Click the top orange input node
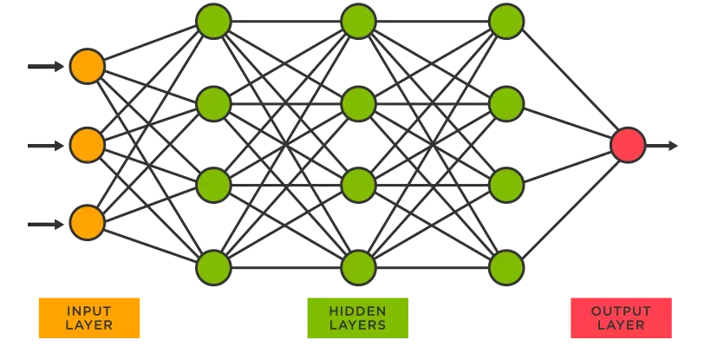click(87, 66)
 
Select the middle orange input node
click(87, 145)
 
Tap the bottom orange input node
click(87, 223)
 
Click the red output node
click(628, 145)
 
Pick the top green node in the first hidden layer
click(213, 22)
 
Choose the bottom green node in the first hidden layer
click(213, 266)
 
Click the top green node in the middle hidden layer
click(358, 22)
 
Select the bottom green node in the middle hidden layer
click(358, 266)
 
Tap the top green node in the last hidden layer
click(506, 22)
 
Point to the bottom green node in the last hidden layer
click(506, 266)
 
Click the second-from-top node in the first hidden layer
click(213, 104)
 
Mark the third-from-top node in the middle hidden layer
click(358, 185)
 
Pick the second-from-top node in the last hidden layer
click(506, 104)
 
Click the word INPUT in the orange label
click(88, 311)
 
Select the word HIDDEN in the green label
click(357, 311)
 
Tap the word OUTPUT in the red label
click(621, 311)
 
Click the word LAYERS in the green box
click(357, 325)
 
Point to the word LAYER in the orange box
click(88, 325)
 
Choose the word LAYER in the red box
click(621, 325)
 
